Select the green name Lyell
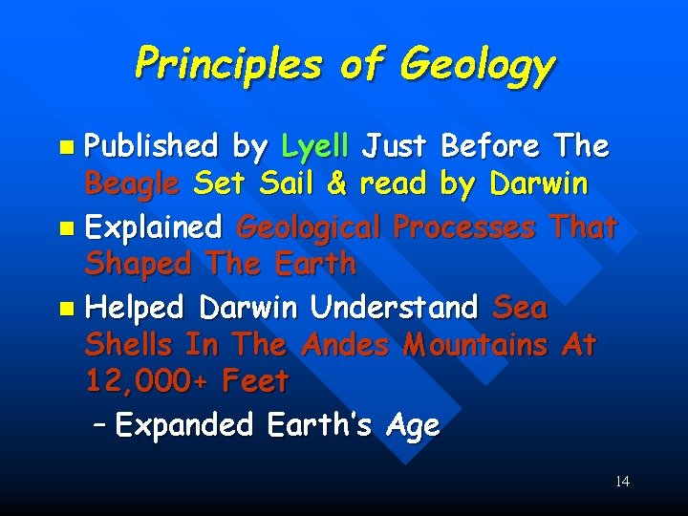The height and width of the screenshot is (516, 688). [319, 146]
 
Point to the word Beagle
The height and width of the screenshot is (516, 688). [132, 182]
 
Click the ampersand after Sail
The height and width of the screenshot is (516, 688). [335, 182]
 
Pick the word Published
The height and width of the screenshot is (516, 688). [151, 146]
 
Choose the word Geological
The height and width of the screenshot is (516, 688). [309, 228]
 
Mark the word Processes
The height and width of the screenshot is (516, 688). [464, 228]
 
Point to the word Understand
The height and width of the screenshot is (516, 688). [394, 308]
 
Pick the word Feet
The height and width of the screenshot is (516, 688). [254, 381]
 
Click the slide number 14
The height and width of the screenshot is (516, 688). [622, 481]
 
